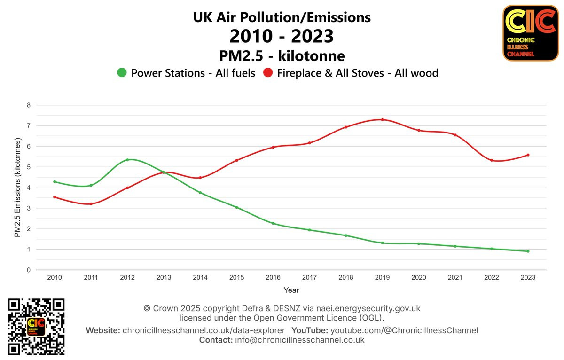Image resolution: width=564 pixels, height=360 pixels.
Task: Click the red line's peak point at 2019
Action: [383, 120]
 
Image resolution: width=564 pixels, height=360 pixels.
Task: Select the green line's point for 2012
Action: [127, 160]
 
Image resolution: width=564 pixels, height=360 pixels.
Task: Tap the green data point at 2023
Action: [528, 251]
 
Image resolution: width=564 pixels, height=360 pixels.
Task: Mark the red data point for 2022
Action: [492, 160]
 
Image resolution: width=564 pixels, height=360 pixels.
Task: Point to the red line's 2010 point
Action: [55, 197]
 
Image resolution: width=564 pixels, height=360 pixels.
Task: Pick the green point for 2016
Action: [273, 223]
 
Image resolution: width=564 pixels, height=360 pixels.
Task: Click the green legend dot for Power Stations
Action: [122, 73]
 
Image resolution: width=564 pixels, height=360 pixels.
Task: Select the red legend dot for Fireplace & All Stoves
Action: [268, 73]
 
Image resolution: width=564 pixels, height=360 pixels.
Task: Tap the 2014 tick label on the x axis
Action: [200, 278]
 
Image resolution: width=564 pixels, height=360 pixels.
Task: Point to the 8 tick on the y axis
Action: [28, 105]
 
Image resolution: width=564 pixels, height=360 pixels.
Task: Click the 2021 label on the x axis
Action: [455, 278]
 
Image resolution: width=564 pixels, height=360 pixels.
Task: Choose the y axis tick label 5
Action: [28, 167]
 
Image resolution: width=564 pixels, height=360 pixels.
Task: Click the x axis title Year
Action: [291, 290]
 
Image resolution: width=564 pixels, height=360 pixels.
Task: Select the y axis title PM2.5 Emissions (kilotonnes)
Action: [18, 188]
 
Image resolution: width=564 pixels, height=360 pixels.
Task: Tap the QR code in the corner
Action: [36, 327]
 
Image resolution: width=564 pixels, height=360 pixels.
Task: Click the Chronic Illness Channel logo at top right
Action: [530, 33]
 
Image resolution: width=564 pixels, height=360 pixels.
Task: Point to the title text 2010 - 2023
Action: [282, 36]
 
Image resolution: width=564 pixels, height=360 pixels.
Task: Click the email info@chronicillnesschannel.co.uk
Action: [299, 340]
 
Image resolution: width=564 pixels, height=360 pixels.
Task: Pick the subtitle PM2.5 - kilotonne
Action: [282, 56]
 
